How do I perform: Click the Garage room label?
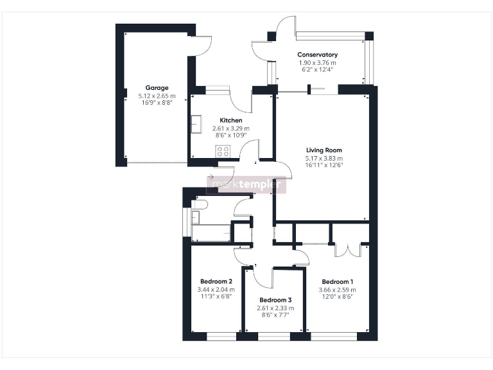click(157, 88)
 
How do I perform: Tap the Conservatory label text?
click(317, 55)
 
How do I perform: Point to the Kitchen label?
click(231, 121)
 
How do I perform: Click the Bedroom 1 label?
click(337, 282)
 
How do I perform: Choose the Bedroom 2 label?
click(216, 281)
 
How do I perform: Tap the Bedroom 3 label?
click(275, 300)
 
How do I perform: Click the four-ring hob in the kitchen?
click(223, 152)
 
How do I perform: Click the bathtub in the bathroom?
click(211, 233)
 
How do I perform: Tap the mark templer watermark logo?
click(246, 185)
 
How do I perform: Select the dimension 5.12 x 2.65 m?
click(157, 96)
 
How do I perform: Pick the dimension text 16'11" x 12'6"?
click(324, 165)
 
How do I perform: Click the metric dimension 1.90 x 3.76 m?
click(317, 62)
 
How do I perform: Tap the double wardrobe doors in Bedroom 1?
click(347, 249)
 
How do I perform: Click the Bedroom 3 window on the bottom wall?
click(274, 336)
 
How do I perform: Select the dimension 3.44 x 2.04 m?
click(216, 289)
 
